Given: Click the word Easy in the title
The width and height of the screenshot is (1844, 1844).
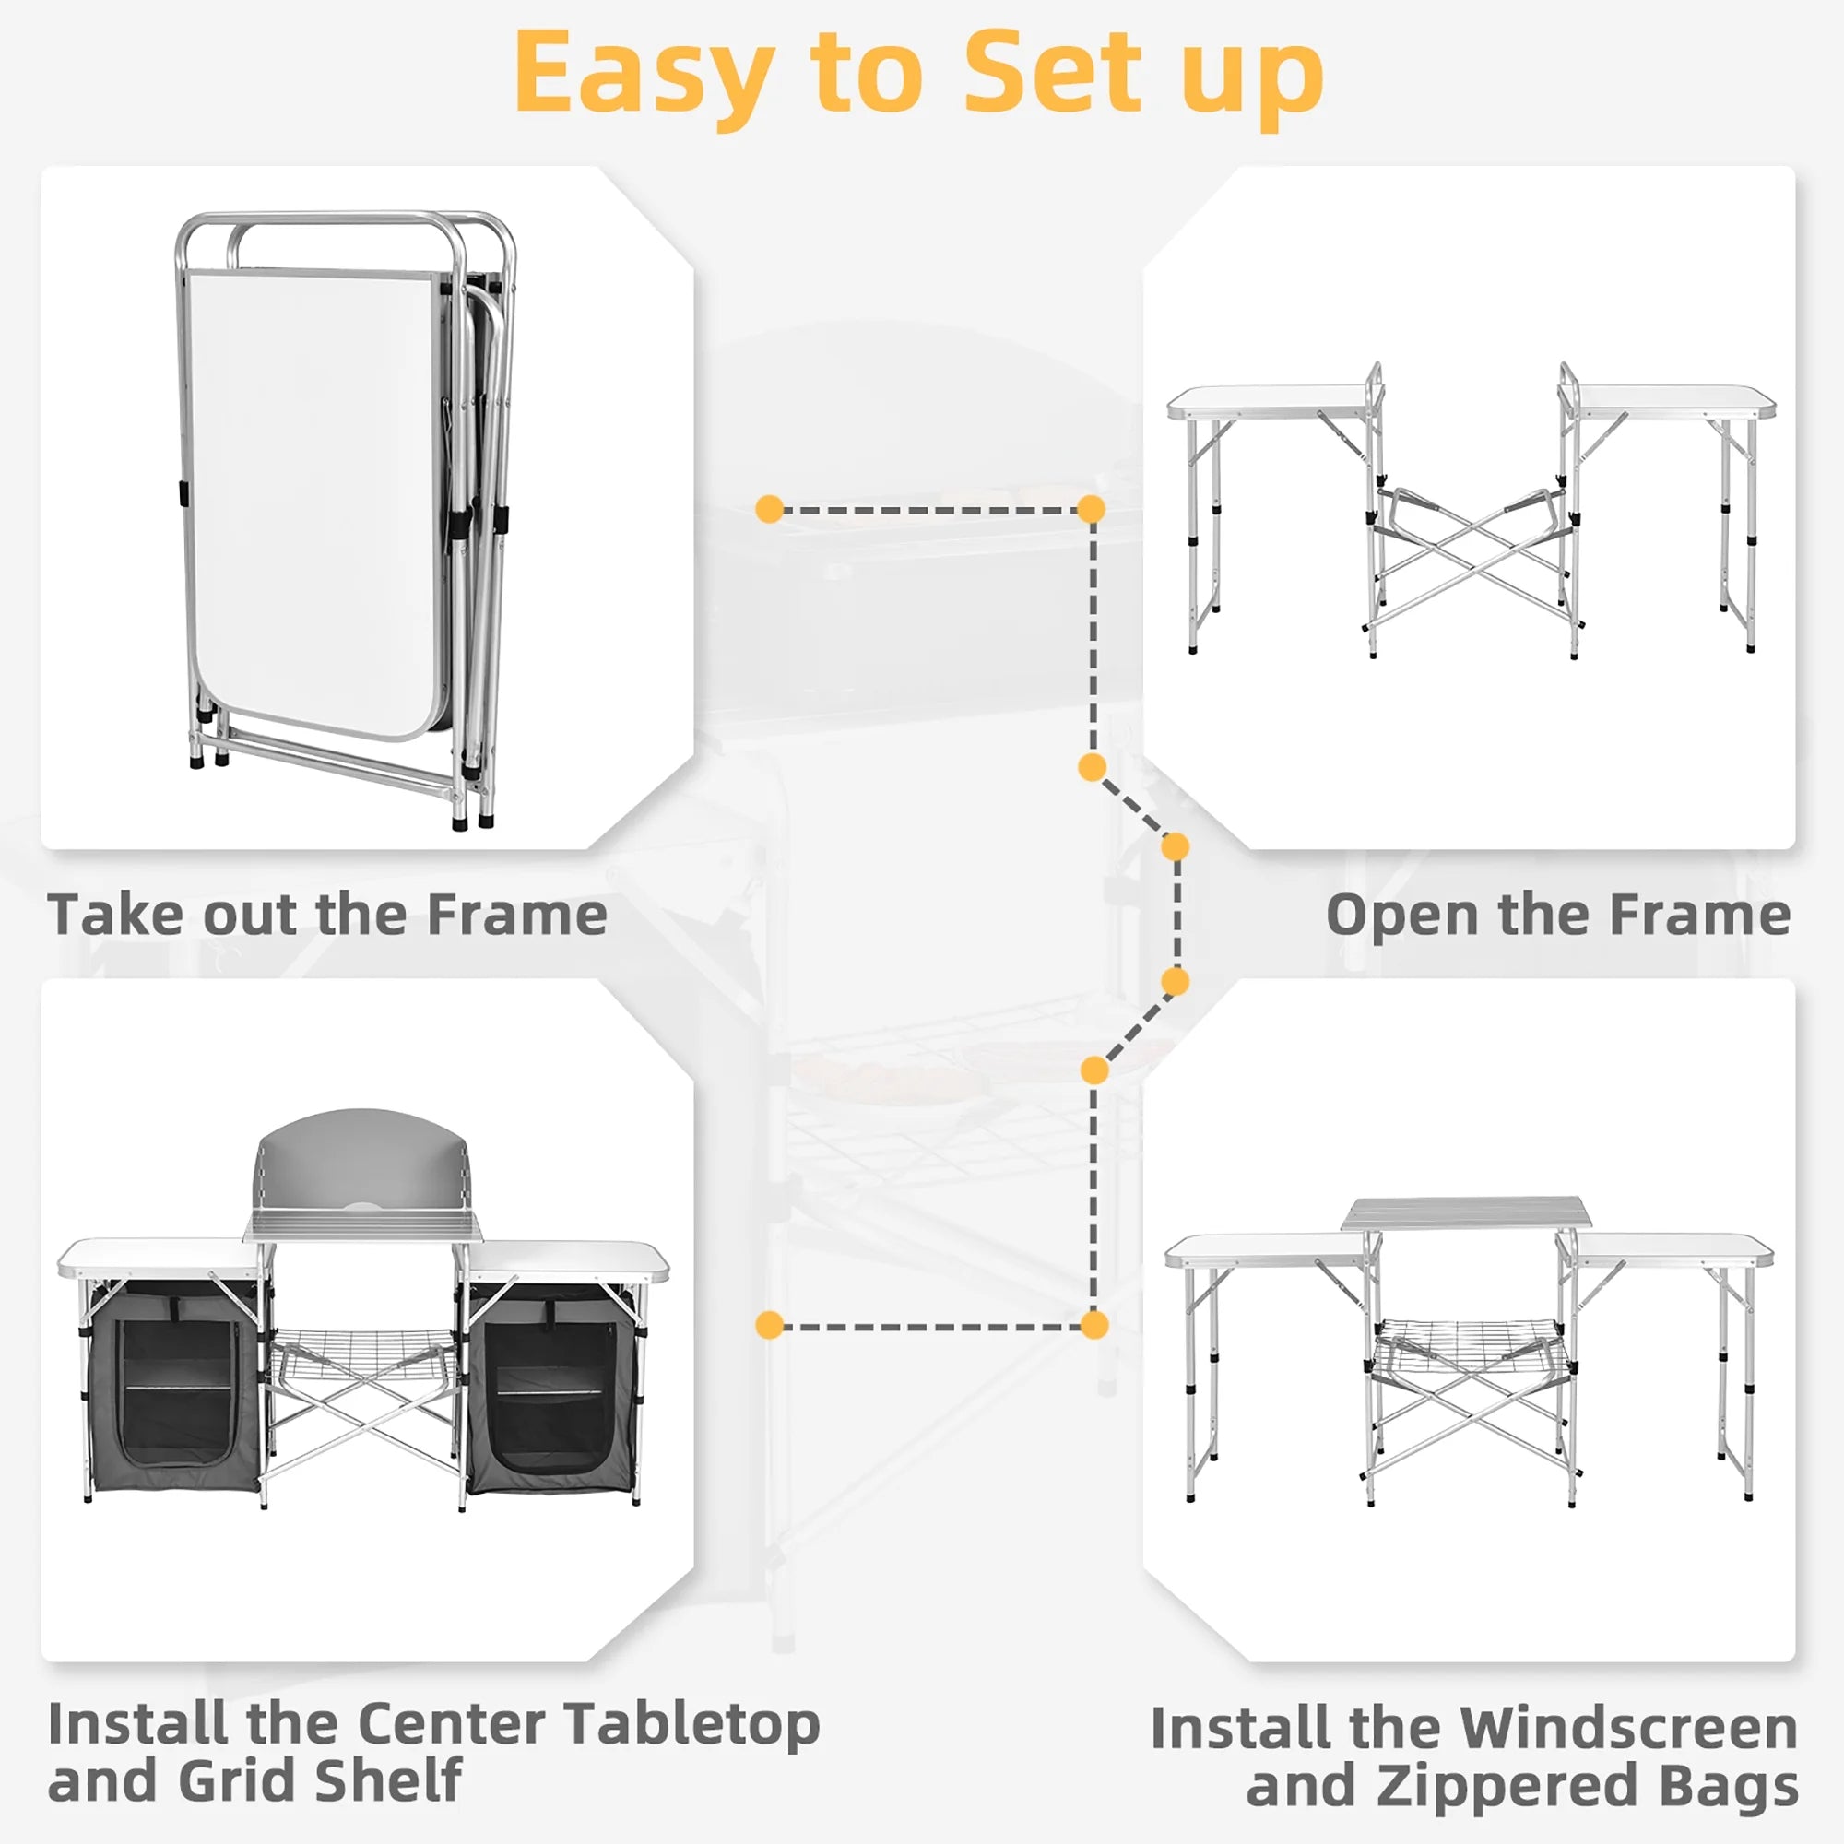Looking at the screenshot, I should [x=644, y=75].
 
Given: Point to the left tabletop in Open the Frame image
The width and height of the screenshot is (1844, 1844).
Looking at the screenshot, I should [x=1270, y=401].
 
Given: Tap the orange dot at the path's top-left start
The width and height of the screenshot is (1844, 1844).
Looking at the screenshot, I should [x=769, y=509].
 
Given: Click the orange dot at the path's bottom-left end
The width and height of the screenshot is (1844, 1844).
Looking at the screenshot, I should [x=769, y=1325].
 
